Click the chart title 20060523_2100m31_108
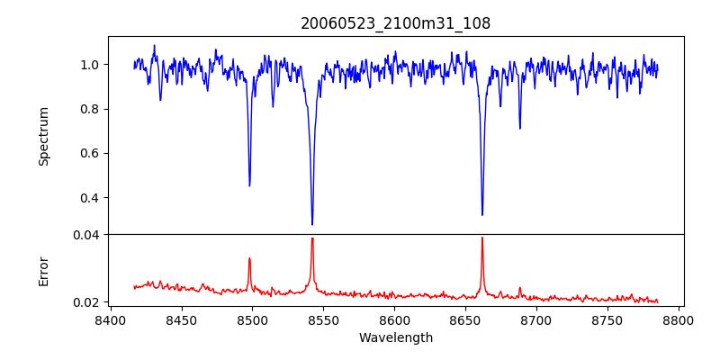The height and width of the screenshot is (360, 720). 395,23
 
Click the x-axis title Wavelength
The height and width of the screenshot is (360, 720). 395,338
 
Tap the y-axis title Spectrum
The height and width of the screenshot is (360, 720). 43,136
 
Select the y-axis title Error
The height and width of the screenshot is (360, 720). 43,271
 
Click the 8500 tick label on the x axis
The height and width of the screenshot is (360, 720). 252,319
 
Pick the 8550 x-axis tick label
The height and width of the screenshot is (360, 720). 323,319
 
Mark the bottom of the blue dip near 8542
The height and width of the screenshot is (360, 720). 312,225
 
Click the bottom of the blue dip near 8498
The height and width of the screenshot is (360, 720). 249,185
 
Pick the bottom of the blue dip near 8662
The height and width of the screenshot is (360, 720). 482,215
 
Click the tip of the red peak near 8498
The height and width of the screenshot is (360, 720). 249,258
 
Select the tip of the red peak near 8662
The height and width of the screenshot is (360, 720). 482,238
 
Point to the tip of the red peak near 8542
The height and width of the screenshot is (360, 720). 312,238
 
